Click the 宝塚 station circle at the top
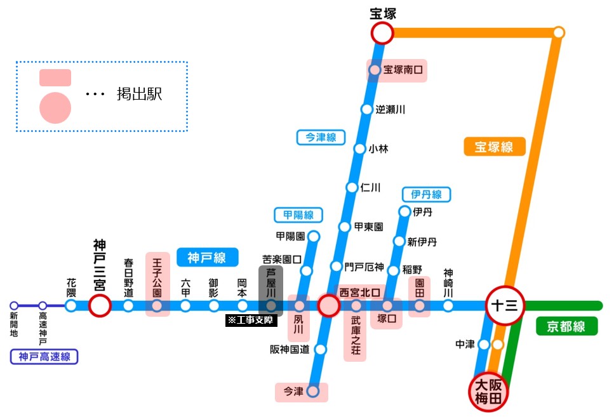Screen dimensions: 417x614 coord(382,33)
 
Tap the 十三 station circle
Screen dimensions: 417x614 coord(505,306)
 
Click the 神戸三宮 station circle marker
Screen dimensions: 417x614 coord(100,306)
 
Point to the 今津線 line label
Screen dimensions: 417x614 coord(321,137)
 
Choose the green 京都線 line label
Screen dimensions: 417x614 coord(568,327)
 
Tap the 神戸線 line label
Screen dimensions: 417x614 coord(207,257)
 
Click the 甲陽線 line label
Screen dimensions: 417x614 coord(298,215)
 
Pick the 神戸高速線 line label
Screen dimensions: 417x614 coord(44,357)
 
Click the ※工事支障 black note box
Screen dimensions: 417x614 coord(251,321)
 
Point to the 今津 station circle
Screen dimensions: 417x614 coord(312,392)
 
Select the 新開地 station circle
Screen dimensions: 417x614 coord(14,306)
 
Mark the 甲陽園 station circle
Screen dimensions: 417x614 coord(313,237)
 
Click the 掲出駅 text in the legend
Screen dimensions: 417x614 coord(139,95)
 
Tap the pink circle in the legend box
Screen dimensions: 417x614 coord(55,107)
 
